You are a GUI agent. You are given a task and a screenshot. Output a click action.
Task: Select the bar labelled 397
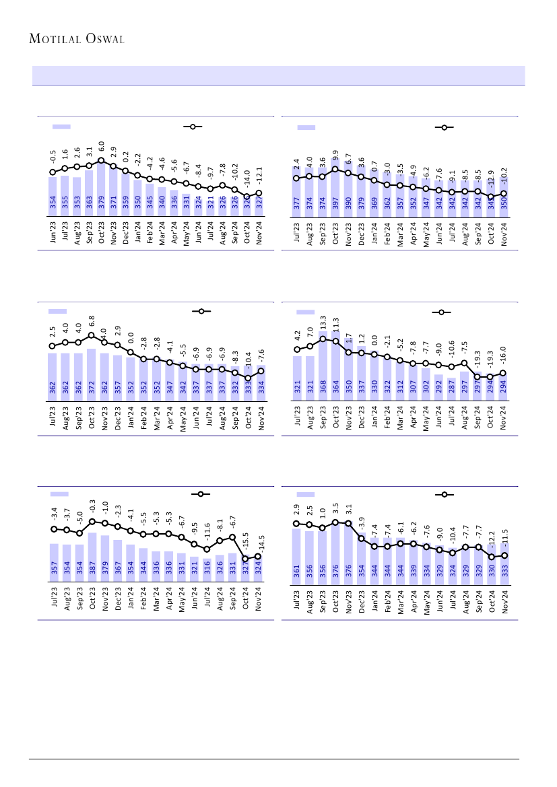335,195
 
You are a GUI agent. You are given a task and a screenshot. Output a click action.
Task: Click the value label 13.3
323,323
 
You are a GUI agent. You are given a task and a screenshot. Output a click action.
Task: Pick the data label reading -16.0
503,355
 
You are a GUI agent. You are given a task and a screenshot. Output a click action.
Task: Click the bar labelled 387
92,555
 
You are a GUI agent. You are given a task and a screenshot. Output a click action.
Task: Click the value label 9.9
335,157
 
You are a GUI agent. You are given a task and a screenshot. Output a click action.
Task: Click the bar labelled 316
207,569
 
